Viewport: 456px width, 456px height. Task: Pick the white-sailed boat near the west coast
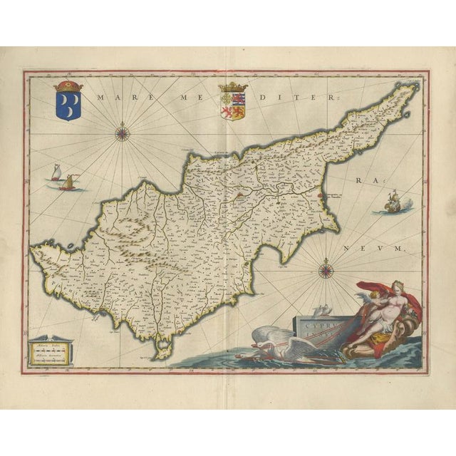pyautogui.click(x=56, y=173)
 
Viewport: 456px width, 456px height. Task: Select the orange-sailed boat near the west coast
pyautogui.click(x=68, y=182)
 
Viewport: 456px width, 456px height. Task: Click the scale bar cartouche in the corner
pyautogui.click(x=48, y=351)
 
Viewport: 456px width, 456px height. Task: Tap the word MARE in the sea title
pyautogui.click(x=115, y=100)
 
